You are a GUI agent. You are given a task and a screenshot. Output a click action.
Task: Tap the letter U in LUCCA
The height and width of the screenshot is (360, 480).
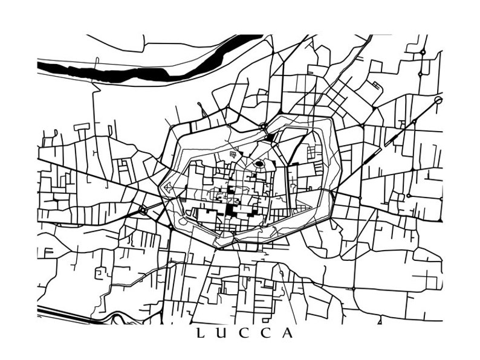click(222, 333)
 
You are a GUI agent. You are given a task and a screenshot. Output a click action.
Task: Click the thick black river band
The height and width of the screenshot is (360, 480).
click(121, 72)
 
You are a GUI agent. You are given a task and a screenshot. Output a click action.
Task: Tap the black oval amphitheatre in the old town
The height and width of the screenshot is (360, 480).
click(259, 163)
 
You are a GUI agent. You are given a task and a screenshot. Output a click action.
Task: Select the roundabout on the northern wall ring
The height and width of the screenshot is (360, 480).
click(263, 126)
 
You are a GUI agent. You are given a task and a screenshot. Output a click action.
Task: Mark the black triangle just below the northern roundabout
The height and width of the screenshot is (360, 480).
click(269, 137)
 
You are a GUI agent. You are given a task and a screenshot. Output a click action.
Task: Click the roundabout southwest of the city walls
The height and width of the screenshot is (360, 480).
click(143, 210)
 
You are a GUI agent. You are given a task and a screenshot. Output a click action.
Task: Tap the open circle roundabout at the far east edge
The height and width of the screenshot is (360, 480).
click(438, 100)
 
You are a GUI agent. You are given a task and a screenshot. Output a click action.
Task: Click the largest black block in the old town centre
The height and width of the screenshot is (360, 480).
click(231, 209)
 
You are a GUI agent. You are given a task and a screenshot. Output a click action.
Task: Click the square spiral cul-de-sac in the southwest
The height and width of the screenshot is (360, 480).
click(99, 273)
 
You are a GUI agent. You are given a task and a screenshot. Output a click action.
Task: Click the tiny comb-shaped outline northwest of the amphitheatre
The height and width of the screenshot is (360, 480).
click(232, 156)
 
